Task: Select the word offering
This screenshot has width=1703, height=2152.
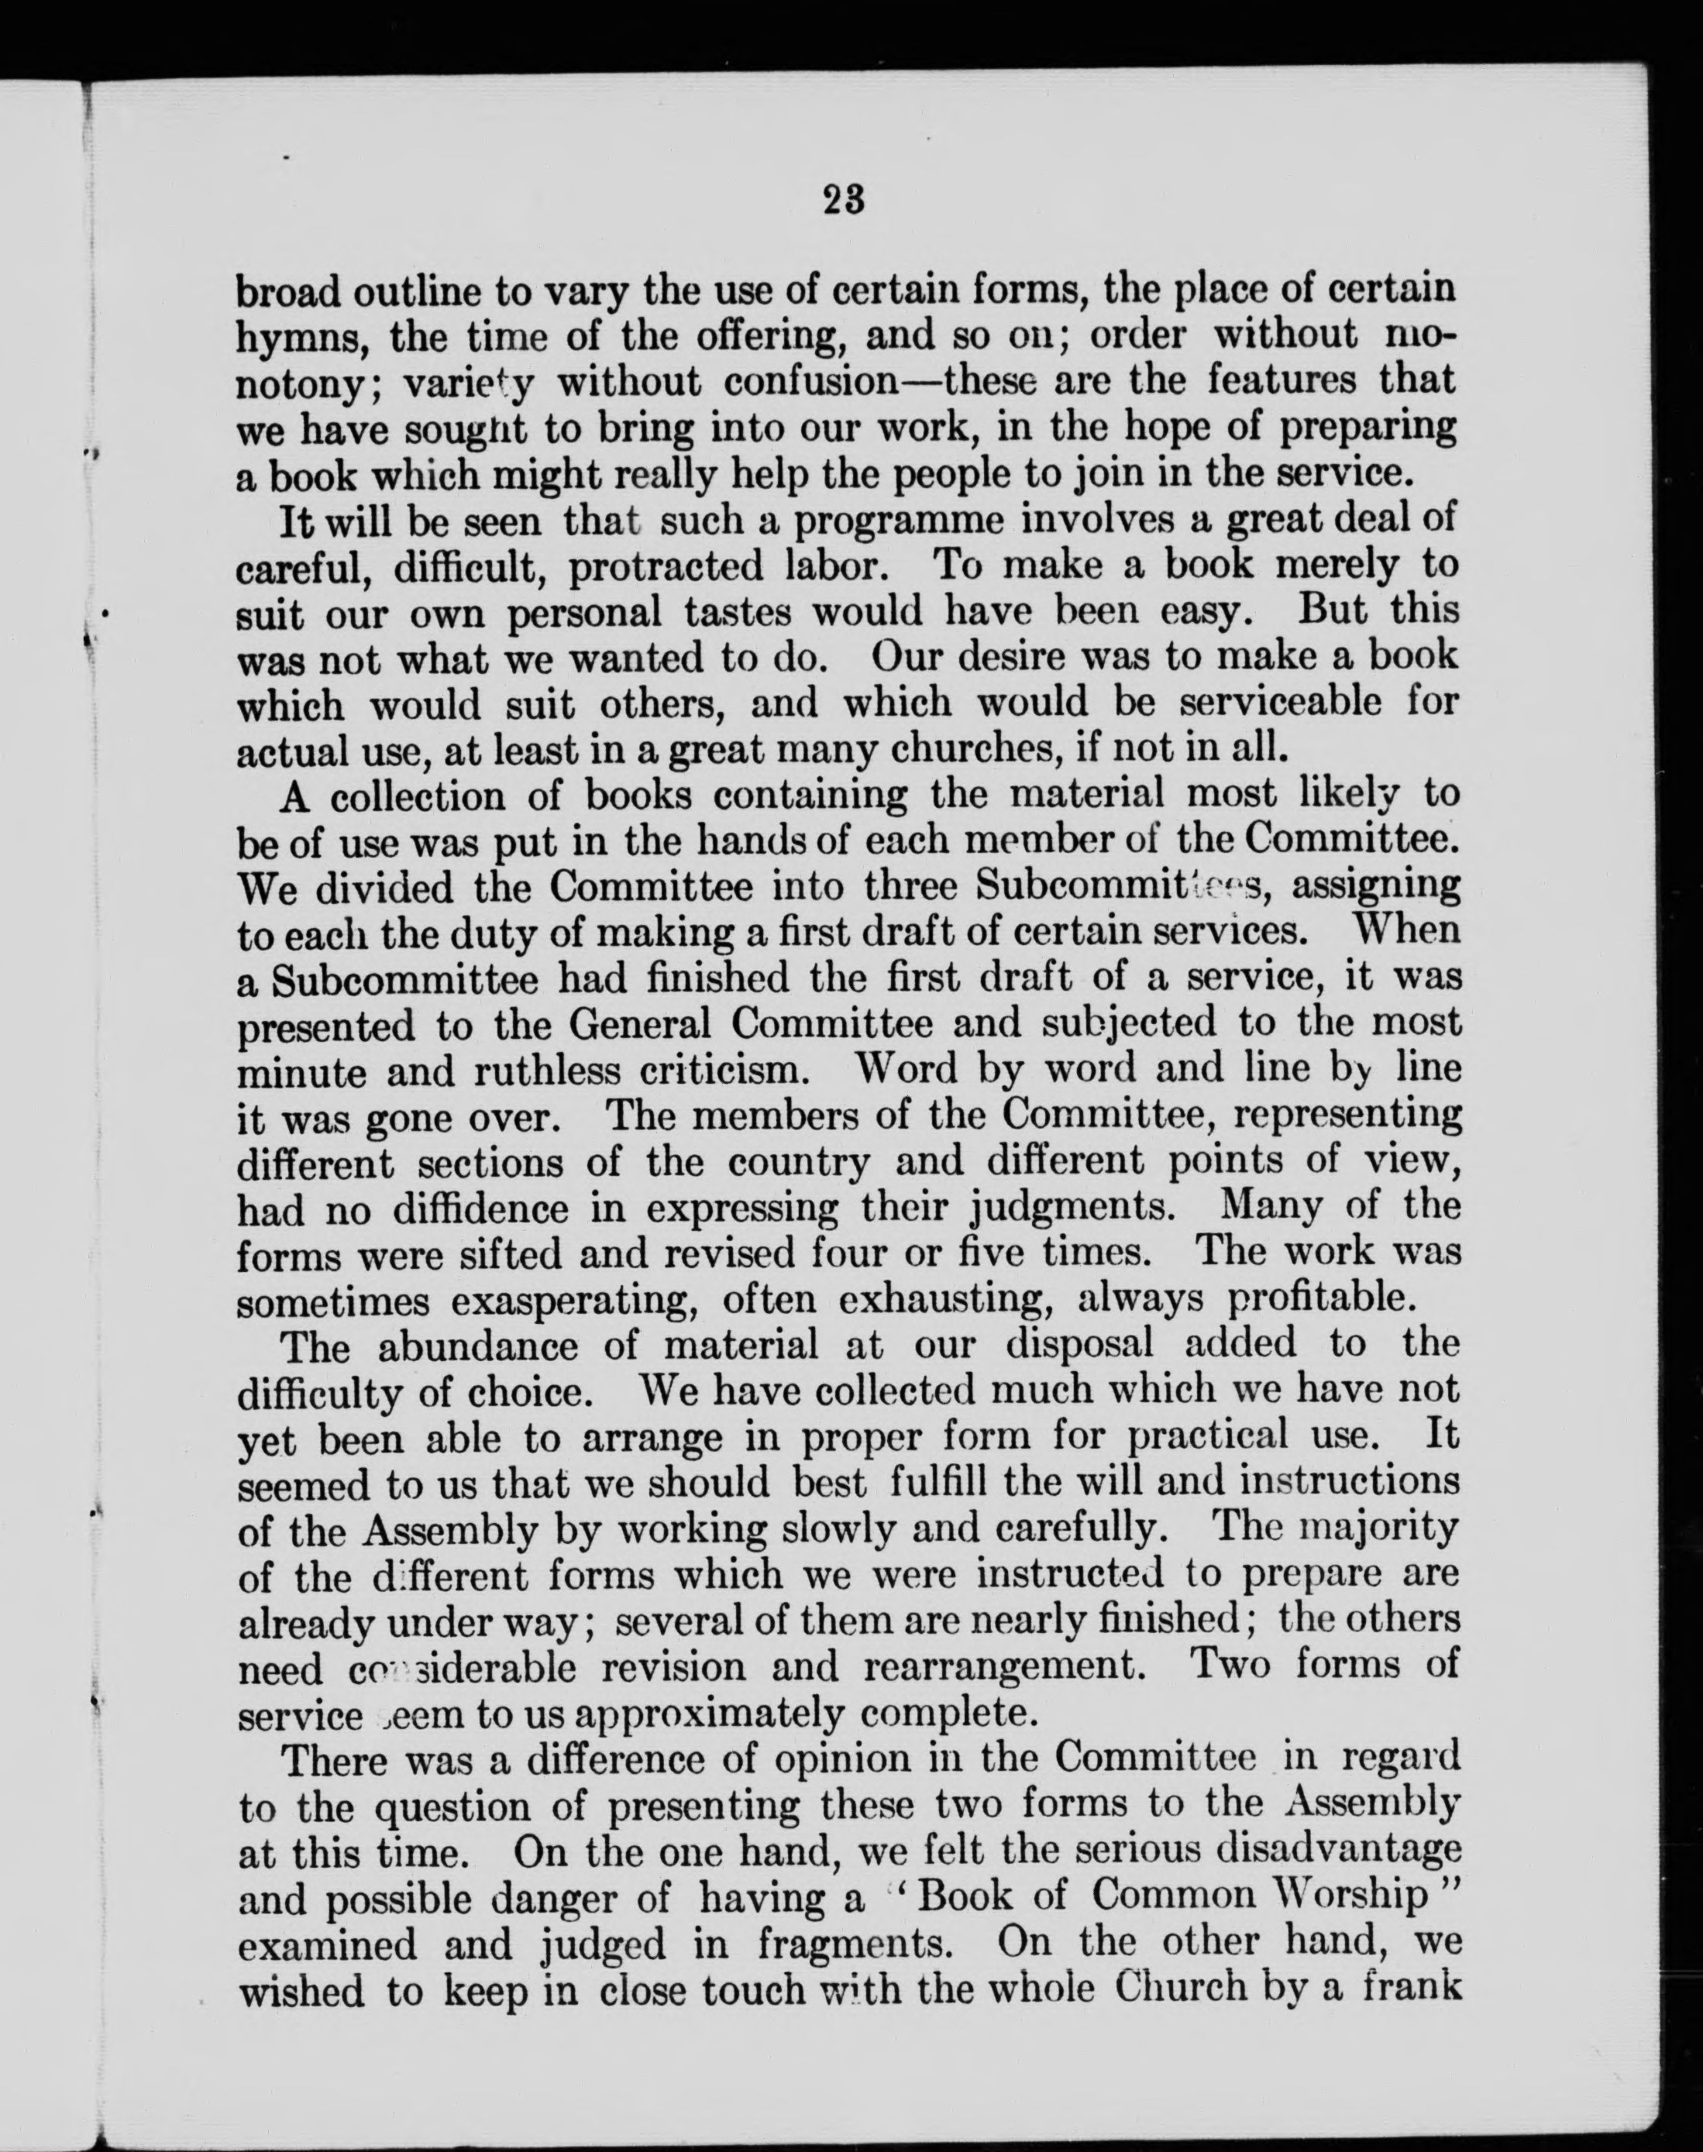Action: click(760, 336)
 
